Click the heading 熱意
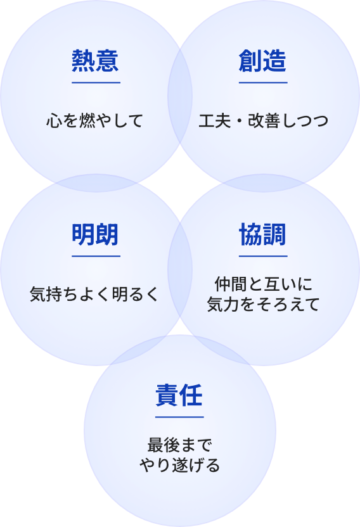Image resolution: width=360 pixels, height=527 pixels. pyautogui.click(x=95, y=61)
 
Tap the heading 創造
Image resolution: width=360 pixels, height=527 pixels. pyautogui.click(x=262, y=61)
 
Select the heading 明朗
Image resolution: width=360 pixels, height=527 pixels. pyautogui.click(x=95, y=234)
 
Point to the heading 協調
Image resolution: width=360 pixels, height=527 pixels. pyautogui.click(x=262, y=234)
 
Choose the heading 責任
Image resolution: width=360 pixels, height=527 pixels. pyautogui.click(x=179, y=395)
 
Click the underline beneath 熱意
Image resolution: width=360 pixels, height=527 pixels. pyautogui.click(x=96, y=82)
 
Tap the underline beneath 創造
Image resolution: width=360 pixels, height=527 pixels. pyautogui.click(x=263, y=82)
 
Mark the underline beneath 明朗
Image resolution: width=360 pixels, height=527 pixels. pyautogui.click(x=96, y=256)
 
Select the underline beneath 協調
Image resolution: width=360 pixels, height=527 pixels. pyautogui.click(x=263, y=256)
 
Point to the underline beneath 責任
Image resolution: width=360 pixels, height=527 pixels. pyautogui.click(x=179, y=417)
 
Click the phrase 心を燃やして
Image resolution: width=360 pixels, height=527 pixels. pyautogui.click(x=95, y=121)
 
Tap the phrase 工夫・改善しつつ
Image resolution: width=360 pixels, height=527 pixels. pyautogui.click(x=264, y=121)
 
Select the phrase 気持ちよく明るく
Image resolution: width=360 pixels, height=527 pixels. pyautogui.click(x=94, y=295)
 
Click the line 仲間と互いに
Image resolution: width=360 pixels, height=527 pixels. pyautogui.click(x=264, y=284)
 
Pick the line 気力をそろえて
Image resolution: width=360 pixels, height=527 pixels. pyautogui.click(x=264, y=305)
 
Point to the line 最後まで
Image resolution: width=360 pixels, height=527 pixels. pyautogui.click(x=179, y=445)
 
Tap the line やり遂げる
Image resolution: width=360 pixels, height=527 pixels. pyautogui.click(x=179, y=465)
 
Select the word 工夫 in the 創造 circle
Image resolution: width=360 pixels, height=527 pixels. pyautogui.click(x=215, y=121)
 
